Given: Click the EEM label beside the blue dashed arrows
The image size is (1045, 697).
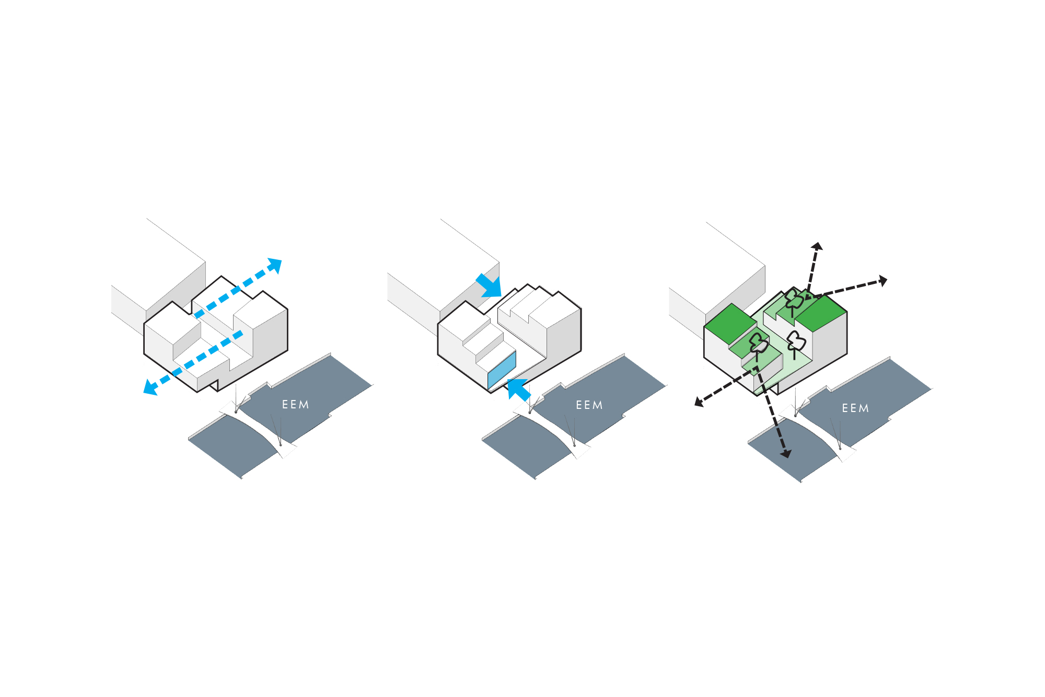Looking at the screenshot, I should click(295, 405).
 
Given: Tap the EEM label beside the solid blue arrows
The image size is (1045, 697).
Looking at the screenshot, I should click(589, 405).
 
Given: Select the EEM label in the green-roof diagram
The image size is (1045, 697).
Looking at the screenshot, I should click(855, 408).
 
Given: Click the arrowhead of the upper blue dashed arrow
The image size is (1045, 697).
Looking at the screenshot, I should click(275, 265).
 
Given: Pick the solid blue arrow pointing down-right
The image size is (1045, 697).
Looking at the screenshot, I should click(490, 285).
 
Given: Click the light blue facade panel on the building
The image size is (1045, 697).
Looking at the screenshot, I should click(502, 370).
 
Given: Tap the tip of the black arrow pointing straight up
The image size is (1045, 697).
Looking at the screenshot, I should click(817, 246).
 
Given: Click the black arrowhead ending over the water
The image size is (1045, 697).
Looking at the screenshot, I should click(785, 453).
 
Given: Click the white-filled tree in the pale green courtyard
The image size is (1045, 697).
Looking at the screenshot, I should click(796, 343).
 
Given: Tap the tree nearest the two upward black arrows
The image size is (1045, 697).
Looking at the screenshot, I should click(794, 301).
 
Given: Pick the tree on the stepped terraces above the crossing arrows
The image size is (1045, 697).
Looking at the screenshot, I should click(758, 344).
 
